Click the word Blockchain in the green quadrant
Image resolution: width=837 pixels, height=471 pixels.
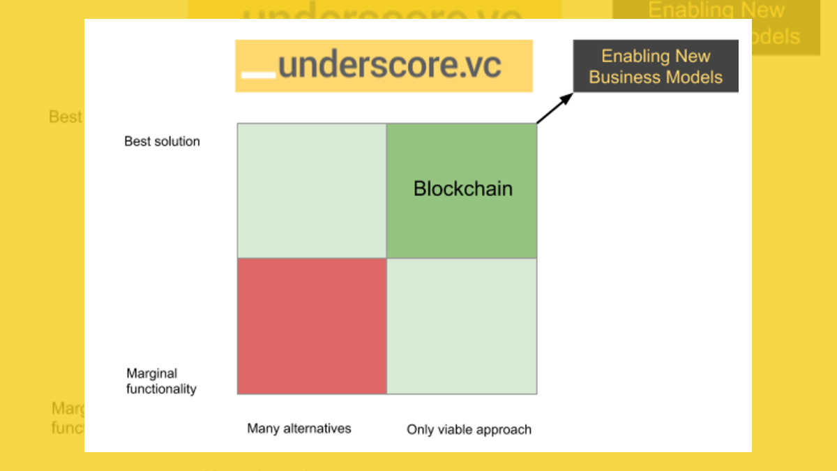click(462, 188)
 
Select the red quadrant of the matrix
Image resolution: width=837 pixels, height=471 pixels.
click(312, 326)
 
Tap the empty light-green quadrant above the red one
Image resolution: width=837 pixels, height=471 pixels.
click(312, 190)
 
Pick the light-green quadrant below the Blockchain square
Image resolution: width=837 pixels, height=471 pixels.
click(462, 326)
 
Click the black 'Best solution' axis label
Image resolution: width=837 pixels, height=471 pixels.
click(162, 142)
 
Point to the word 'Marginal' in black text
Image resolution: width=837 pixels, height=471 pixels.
click(152, 373)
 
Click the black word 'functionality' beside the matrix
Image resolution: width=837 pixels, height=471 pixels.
click(161, 389)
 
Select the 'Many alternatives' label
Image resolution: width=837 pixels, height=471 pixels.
click(299, 428)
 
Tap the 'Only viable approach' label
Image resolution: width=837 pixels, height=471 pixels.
click(469, 430)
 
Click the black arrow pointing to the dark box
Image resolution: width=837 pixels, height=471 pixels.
click(553, 109)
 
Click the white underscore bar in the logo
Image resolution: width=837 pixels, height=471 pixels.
click(257, 74)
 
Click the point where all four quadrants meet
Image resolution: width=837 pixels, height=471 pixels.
click(386, 258)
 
